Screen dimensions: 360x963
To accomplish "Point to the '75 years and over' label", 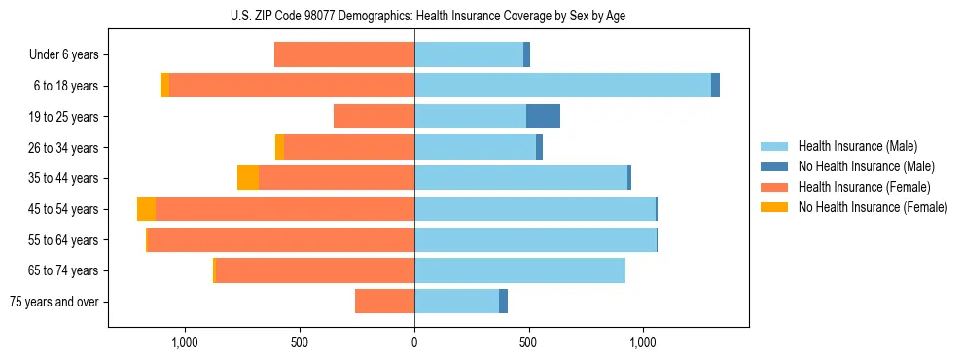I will [54, 302].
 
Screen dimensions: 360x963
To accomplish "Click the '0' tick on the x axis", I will [414, 342].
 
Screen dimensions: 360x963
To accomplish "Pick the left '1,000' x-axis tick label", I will [185, 342].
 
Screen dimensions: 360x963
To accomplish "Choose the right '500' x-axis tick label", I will [528, 342].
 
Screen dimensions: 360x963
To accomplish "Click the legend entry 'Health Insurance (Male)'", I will [857, 146].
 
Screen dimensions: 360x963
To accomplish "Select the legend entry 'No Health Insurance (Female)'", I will [873, 207].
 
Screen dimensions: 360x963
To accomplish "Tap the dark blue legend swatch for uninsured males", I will [774, 166].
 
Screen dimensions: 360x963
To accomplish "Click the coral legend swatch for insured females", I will [774, 187].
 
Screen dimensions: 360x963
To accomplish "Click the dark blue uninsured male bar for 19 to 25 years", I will [543, 117].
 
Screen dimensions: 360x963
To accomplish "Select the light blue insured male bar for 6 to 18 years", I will [562, 86].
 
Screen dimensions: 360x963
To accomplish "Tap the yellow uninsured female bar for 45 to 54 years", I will [146, 209].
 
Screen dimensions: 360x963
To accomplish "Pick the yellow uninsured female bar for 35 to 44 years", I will [248, 178].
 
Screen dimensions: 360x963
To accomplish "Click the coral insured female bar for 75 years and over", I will [384, 302].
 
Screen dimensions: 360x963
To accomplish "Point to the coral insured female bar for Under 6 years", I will [344, 55].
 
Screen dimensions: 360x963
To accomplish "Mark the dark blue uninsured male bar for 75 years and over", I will [503, 302].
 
